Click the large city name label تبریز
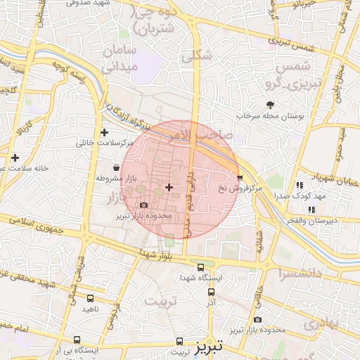(x=209, y=346)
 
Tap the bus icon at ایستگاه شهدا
(x=201, y=268)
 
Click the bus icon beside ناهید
(x=90, y=298)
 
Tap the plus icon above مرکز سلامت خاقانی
(x=105, y=132)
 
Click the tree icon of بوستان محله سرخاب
(x=271, y=105)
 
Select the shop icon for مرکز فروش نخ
(x=240, y=178)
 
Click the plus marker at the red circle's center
(x=169, y=186)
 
